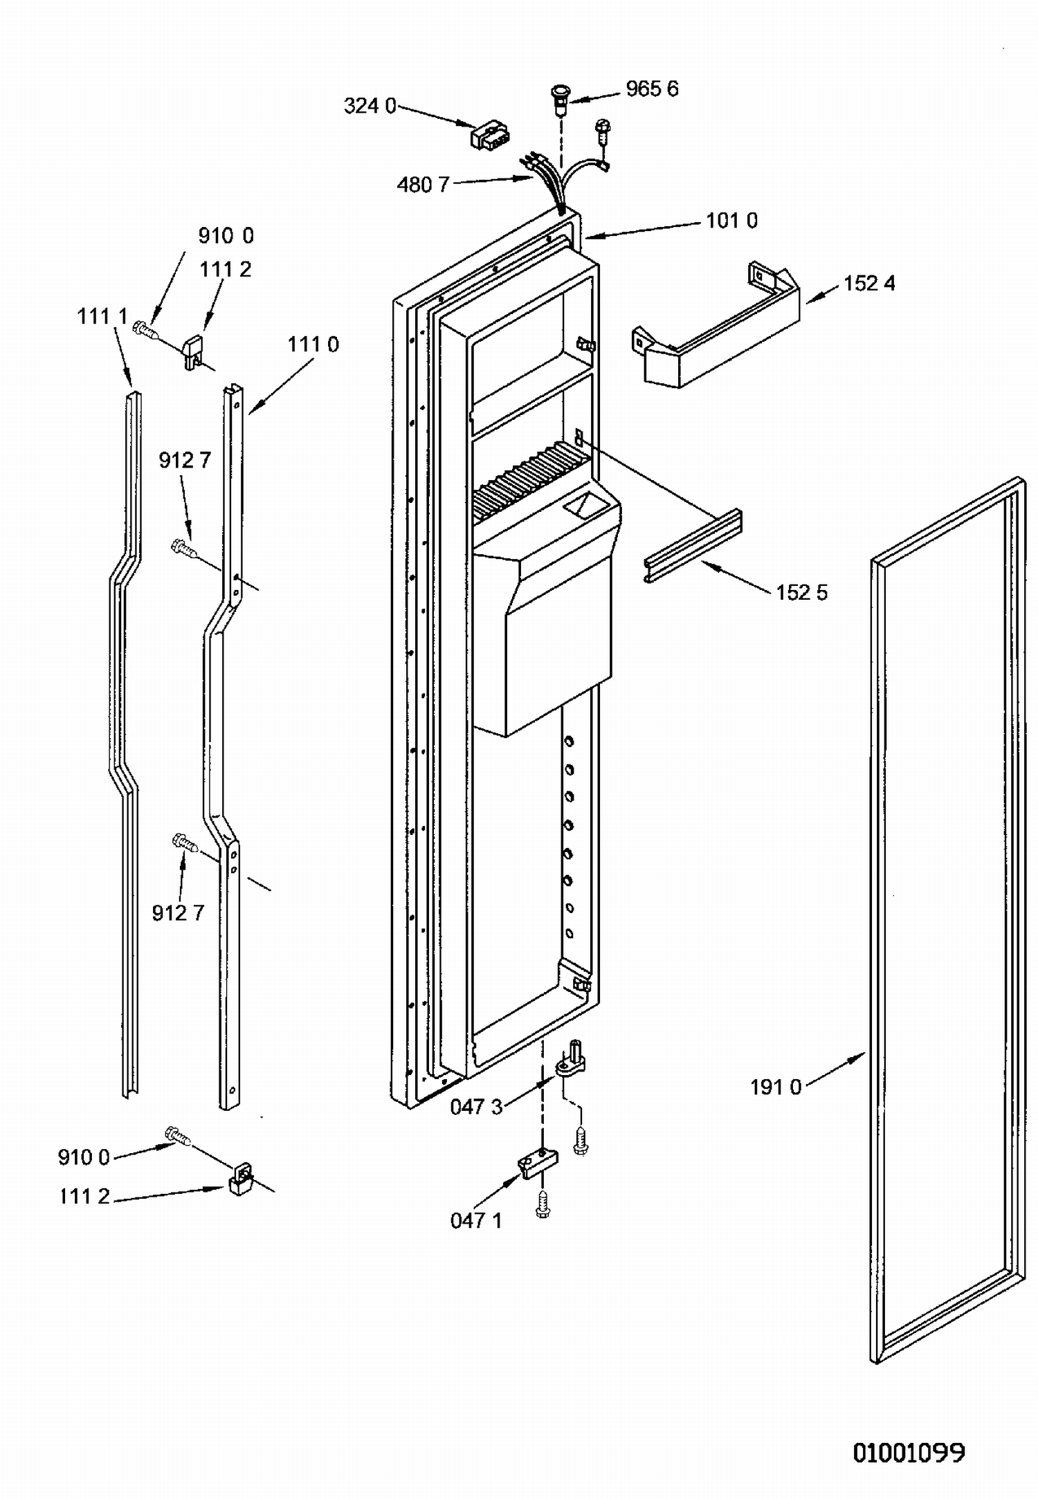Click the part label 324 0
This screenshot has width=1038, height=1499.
(x=370, y=106)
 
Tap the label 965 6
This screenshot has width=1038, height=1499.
(x=652, y=89)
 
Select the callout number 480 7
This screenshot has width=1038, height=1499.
(x=423, y=185)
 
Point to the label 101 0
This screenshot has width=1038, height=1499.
(x=731, y=221)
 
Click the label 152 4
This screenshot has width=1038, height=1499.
(x=869, y=284)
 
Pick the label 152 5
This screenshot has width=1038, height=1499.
(x=801, y=593)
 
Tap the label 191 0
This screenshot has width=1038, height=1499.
(x=776, y=1087)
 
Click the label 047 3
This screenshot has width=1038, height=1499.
(x=476, y=1107)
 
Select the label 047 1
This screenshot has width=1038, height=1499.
(x=476, y=1220)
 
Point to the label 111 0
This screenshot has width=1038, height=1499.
(x=313, y=344)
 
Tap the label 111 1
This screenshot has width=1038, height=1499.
(x=102, y=317)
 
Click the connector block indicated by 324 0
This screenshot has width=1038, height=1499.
(x=488, y=135)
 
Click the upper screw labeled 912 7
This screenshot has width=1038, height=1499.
(x=183, y=548)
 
